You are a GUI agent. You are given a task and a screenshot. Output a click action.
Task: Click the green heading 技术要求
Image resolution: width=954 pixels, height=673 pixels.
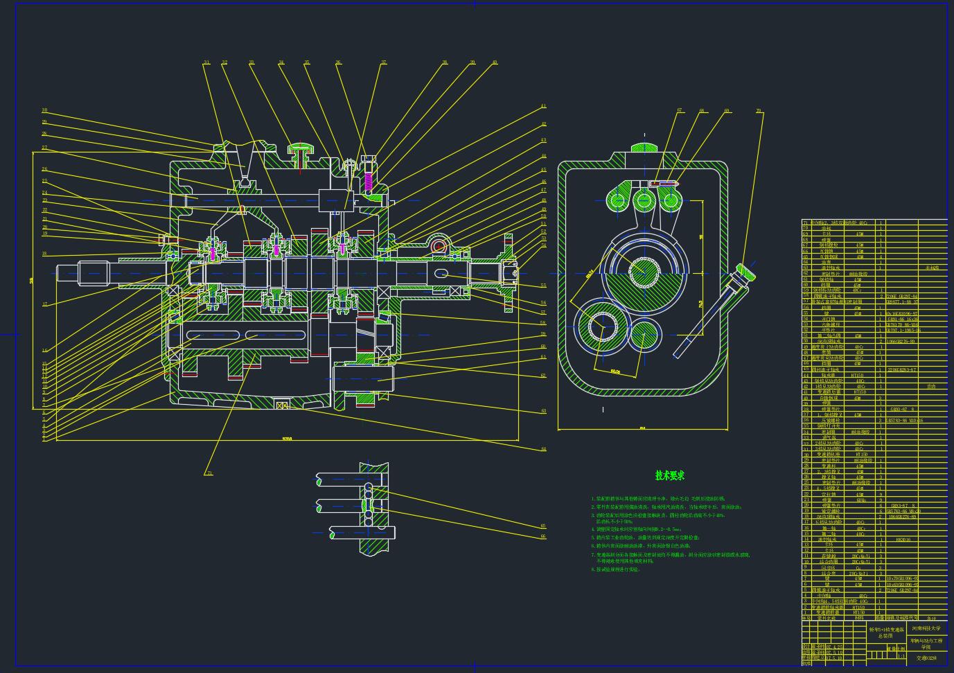[x=669, y=475]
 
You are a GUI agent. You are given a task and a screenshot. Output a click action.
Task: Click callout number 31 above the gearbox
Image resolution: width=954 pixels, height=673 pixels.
[x=206, y=62]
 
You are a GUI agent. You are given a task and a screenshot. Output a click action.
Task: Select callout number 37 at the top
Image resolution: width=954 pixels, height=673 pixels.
[x=383, y=62]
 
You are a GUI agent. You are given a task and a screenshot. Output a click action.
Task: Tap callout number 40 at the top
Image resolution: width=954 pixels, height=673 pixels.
[x=495, y=62]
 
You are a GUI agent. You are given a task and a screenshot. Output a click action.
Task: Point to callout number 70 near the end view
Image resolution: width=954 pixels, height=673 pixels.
[x=759, y=111]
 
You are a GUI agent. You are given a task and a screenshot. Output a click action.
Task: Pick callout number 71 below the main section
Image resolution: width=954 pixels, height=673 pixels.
[x=209, y=473]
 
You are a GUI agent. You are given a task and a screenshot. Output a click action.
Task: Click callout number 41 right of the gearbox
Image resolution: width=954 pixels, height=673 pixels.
[x=544, y=106]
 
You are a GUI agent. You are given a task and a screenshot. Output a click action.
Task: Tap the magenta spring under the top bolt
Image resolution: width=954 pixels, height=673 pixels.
[x=369, y=182]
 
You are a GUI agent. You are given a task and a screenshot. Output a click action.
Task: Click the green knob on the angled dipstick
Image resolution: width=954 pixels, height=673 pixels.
[x=747, y=270]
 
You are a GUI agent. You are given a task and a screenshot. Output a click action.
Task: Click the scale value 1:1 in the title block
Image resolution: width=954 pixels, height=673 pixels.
[x=901, y=655]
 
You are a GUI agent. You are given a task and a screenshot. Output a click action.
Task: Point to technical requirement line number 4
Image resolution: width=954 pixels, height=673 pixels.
[x=637, y=529]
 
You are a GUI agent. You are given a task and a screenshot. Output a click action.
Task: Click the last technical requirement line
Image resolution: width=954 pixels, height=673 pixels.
[x=615, y=570]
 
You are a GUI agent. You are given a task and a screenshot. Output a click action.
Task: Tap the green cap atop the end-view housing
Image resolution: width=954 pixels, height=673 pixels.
[x=644, y=147]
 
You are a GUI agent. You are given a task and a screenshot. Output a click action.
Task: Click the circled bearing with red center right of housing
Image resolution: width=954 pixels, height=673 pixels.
[x=438, y=246]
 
